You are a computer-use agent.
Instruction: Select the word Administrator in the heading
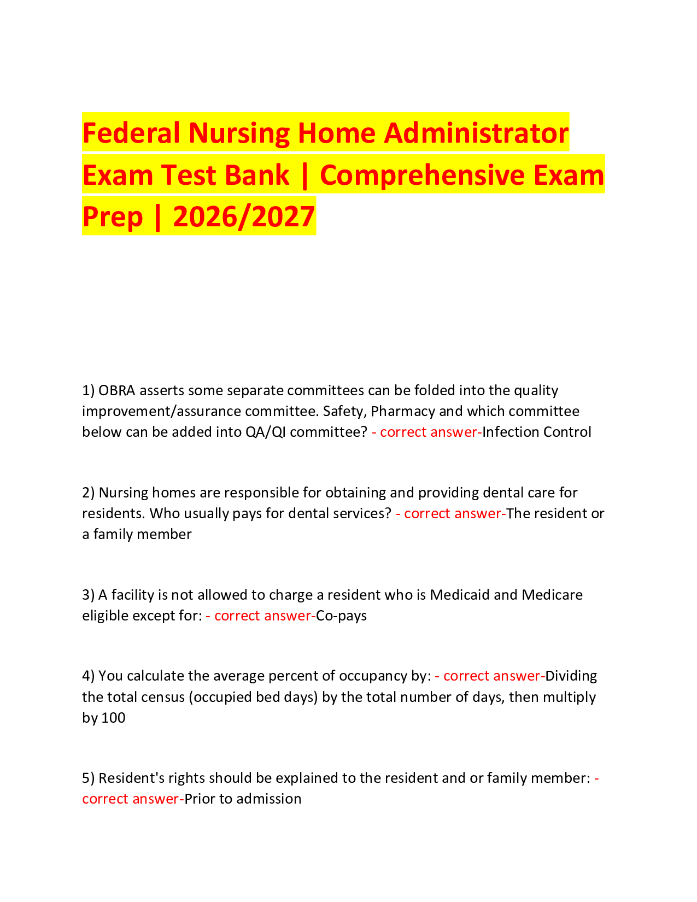coord(476,133)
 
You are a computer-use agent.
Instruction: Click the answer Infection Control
coord(536,432)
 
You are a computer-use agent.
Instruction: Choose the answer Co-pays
coord(342,616)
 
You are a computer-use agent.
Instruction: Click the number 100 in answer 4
coord(114,718)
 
